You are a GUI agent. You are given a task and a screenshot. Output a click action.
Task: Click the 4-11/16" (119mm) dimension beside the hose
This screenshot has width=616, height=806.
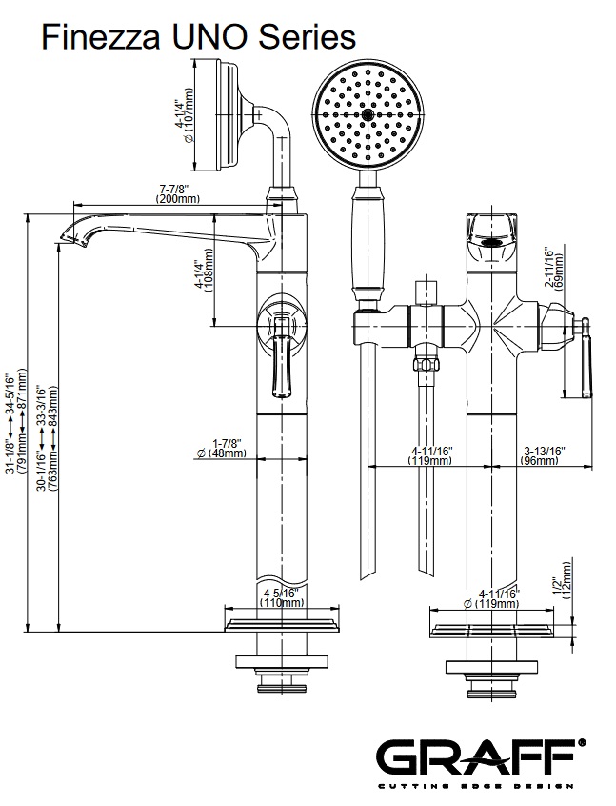click(430, 455)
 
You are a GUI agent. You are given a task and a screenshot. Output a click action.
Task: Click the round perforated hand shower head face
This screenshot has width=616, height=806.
click(366, 113)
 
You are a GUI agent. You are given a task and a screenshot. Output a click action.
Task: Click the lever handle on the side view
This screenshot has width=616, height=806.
click(282, 367)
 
